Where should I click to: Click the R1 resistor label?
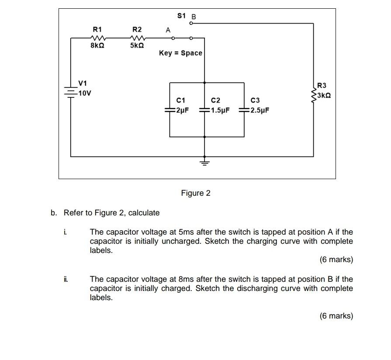[x=97, y=29]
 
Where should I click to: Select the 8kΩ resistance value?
[x=97, y=45]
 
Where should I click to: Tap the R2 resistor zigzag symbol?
[x=137, y=38]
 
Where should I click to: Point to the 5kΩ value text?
[x=137, y=45]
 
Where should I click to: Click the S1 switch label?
[x=182, y=16]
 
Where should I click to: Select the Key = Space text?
[x=180, y=53]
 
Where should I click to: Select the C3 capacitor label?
[x=255, y=100]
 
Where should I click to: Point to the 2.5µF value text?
[x=260, y=110]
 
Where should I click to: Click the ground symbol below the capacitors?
[x=204, y=162]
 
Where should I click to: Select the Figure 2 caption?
[x=196, y=193]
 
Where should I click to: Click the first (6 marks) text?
[x=336, y=260]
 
